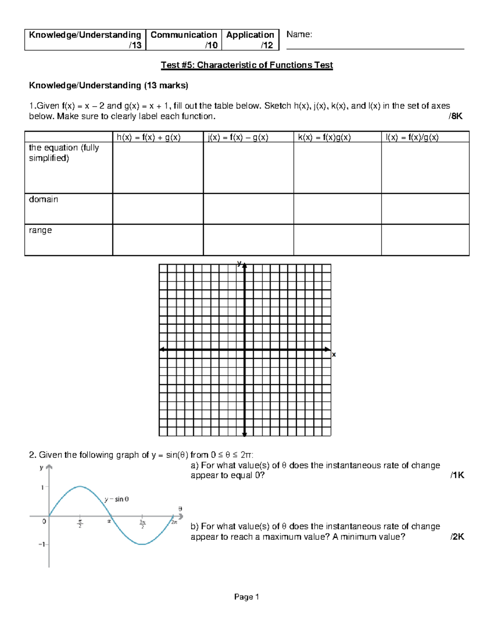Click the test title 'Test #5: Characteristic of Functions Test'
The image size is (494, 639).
click(247, 65)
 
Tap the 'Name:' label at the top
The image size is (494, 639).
click(299, 35)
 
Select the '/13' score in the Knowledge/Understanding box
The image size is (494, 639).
click(135, 45)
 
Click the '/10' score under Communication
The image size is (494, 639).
click(211, 45)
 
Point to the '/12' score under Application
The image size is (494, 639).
click(267, 45)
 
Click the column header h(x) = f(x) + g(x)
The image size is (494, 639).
click(149, 137)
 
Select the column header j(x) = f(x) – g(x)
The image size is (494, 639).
click(238, 137)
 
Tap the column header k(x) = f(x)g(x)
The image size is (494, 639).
click(324, 137)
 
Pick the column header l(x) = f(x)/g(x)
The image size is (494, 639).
click(412, 137)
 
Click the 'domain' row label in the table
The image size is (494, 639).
click(43, 200)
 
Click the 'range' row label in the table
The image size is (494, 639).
click(40, 230)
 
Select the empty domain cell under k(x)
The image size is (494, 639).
click(337, 209)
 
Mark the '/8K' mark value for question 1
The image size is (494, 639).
click(455, 116)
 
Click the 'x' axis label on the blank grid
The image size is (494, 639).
click(334, 355)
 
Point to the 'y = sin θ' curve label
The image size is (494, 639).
click(117, 499)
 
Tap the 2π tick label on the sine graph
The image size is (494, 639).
click(174, 522)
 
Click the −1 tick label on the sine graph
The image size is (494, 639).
click(42, 544)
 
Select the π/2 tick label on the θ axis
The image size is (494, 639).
click(80, 524)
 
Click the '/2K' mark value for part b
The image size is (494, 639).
click(457, 537)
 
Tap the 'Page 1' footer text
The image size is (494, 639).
click(247, 597)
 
